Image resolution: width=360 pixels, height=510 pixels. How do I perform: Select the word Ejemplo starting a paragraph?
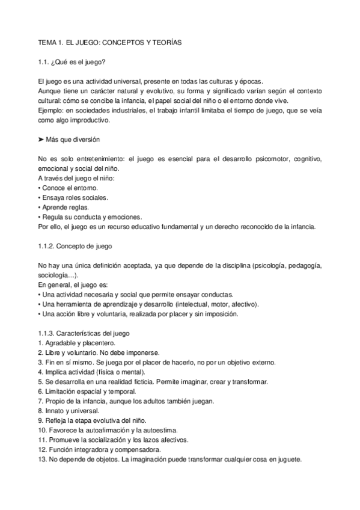tap(51, 111)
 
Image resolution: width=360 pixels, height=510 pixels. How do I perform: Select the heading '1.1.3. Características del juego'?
tap(82, 333)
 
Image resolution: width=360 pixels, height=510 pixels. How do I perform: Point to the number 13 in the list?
tap(41, 458)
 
